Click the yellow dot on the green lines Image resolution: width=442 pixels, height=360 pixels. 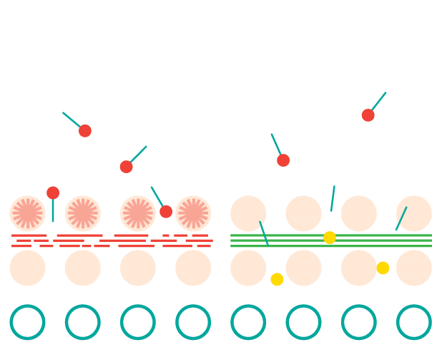tap(330, 238)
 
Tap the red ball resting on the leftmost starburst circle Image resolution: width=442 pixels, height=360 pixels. tap(53, 193)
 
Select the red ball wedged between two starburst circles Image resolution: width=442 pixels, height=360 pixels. tap(166, 212)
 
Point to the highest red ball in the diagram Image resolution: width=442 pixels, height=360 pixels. tap(368, 115)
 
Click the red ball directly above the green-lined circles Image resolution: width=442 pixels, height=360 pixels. tap(283, 160)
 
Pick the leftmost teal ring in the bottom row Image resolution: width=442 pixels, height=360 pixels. tap(27, 322)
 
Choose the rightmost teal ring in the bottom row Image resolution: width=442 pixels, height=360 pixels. tap(414, 322)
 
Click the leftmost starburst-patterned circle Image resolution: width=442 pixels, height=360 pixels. tap(27, 213)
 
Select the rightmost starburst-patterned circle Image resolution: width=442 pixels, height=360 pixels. tap(193, 213)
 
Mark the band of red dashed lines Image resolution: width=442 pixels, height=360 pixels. tap(111, 240)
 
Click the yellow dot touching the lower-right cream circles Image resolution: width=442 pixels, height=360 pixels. tap(383, 268)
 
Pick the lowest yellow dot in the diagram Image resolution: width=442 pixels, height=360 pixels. tap(277, 279)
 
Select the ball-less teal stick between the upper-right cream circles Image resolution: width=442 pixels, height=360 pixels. tap(333, 198)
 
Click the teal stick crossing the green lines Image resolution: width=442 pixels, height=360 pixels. tap(264, 233)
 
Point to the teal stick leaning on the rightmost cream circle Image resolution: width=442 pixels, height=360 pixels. tap(401, 218)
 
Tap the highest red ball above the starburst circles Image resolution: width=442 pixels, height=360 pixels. tap(85, 131)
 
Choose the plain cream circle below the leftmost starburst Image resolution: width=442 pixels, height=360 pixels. tap(27, 268)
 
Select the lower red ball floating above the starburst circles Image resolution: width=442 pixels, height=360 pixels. tap(126, 167)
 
